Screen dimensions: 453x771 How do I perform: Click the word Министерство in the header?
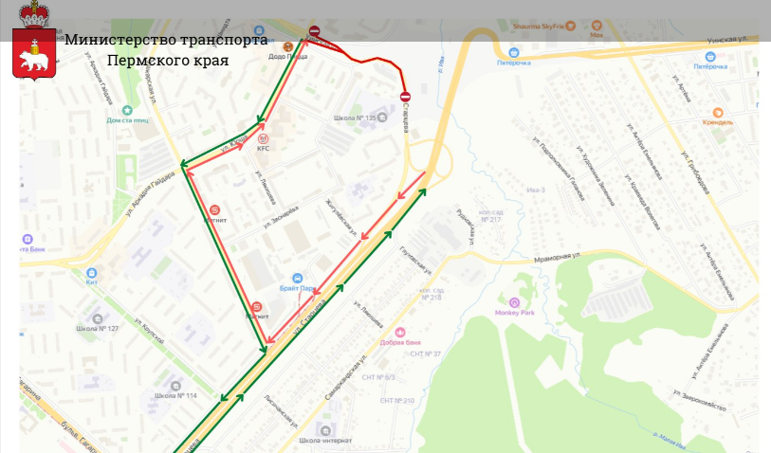coord(112,39)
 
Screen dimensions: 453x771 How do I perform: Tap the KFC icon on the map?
coord(263,137)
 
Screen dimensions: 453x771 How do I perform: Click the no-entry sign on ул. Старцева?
coord(405,97)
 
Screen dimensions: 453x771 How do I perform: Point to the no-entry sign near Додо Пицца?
coord(315,32)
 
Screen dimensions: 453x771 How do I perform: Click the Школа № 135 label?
coord(355,118)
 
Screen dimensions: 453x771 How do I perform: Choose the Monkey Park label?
coord(515,313)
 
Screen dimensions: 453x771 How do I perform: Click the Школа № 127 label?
coord(98,329)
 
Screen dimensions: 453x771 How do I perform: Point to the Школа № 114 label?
coord(175,395)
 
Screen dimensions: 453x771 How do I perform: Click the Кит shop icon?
coord(92,271)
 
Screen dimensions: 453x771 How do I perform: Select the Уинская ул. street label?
coord(733,39)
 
